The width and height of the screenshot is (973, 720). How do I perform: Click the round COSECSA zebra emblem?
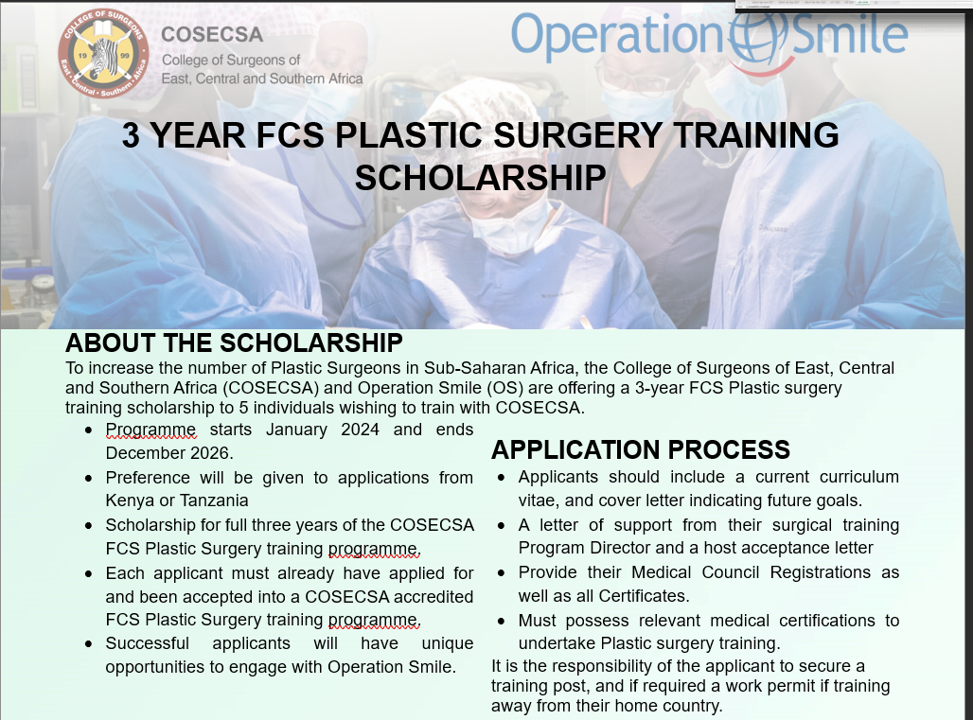pyautogui.click(x=103, y=53)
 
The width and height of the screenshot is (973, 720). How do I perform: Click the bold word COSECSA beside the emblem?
pyautogui.click(x=212, y=34)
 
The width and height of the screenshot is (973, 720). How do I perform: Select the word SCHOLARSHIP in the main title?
pyautogui.click(x=480, y=178)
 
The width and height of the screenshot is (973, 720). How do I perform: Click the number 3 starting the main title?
pyautogui.click(x=131, y=135)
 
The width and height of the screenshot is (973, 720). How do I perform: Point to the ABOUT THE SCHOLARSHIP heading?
pyautogui.click(x=234, y=342)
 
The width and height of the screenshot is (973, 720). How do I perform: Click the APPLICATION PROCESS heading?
pyautogui.click(x=641, y=449)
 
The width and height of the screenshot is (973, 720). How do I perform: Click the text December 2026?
pyautogui.click(x=168, y=452)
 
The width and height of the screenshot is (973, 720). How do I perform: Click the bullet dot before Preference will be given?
pyautogui.click(x=89, y=478)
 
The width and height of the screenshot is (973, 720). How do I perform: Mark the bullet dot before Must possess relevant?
pyautogui.click(x=502, y=621)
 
